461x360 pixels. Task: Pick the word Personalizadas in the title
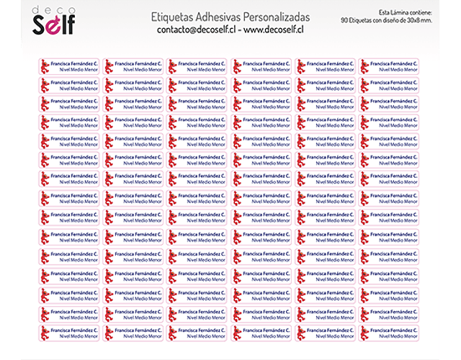click(x=273, y=17)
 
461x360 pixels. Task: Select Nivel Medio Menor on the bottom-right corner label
click(x=398, y=336)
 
